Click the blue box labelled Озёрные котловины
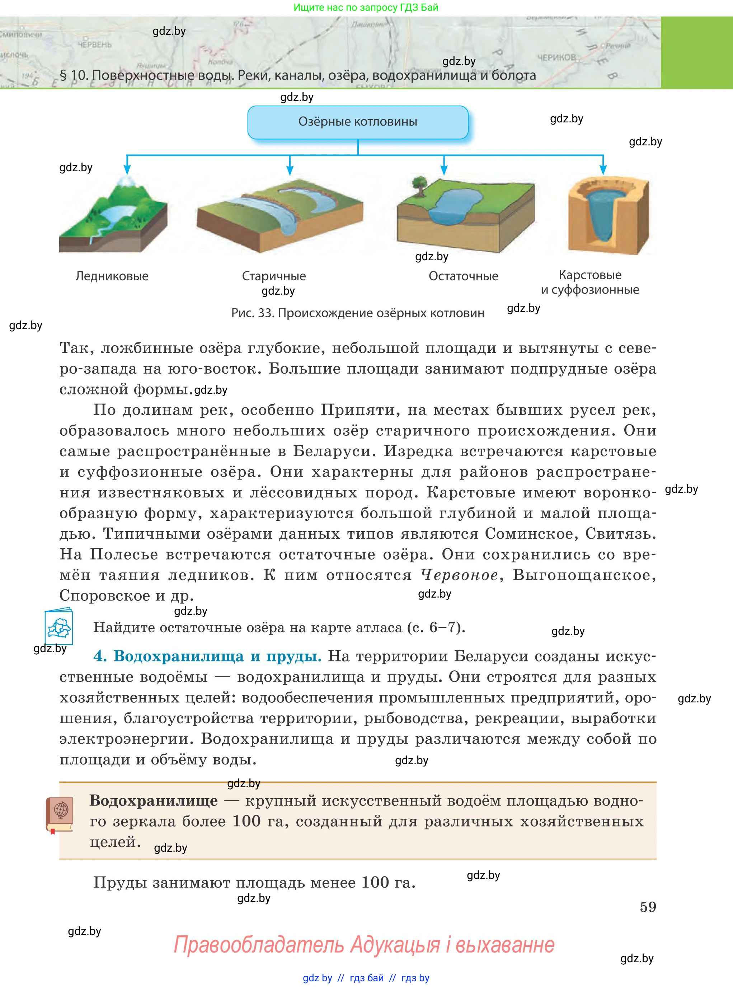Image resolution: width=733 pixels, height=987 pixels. pos(358,122)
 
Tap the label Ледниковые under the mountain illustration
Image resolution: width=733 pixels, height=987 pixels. pos(112,276)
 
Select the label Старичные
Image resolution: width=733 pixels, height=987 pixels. pos(274,276)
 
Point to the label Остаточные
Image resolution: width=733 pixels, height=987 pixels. pos(463,276)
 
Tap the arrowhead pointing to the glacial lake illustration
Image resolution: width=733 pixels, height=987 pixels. pos(127,169)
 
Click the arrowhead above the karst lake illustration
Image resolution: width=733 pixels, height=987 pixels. pos(603,169)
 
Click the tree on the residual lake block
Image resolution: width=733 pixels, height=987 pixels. pos(418,184)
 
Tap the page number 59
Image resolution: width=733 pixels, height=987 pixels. pos(648,907)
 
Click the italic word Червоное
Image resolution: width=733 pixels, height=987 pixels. pos(460,575)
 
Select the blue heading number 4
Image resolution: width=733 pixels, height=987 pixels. pos(100,656)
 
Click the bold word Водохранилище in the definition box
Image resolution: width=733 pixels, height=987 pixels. pos(154,801)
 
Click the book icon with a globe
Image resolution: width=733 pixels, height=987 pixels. pos(60,815)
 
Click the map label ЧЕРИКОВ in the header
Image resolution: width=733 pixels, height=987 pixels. pos(556,58)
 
